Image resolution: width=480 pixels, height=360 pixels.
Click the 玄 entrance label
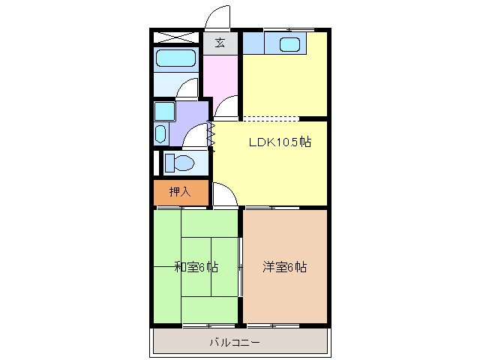[x=220, y=43]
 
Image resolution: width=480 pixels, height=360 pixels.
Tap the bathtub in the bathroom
[x=175, y=59]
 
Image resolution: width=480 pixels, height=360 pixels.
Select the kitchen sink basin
[x=290, y=44]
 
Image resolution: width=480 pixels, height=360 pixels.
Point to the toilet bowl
[x=180, y=162]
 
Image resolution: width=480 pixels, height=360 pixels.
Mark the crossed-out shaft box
[x=175, y=37]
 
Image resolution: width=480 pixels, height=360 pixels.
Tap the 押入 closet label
[x=180, y=192]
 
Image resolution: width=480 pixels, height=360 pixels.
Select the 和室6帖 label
[x=196, y=267]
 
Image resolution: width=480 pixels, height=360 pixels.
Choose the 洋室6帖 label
[x=284, y=267]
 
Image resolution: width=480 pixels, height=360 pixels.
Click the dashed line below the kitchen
[x=271, y=119]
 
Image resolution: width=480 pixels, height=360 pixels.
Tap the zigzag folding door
[x=211, y=136]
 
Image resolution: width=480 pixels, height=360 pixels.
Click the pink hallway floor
[x=220, y=79]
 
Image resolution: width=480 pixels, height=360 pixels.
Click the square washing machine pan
[x=163, y=111]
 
